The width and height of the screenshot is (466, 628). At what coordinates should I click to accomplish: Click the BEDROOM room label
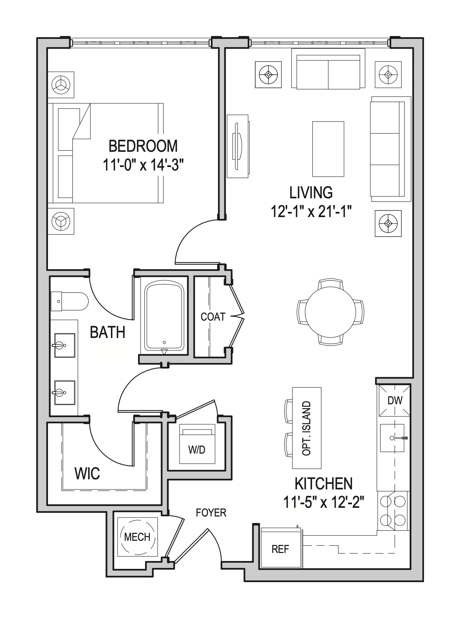tap(143, 146)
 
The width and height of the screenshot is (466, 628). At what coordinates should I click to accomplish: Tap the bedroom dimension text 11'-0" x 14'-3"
tap(143, 165)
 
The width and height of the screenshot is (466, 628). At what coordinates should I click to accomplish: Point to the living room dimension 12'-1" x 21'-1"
tap(311, 211)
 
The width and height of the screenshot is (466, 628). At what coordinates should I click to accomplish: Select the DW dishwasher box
tap(394, 400)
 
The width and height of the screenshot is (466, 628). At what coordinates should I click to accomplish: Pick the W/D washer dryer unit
tap(197, 445)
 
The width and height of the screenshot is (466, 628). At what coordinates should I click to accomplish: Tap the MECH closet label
tap(137, 537)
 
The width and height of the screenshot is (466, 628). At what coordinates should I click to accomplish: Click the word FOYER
tap(211, 513)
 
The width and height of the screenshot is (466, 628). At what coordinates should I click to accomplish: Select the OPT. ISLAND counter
tap(307, 428)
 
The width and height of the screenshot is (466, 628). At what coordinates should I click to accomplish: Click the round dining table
tap(330, 312)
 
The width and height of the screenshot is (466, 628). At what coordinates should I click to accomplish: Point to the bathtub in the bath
tap(164, 316)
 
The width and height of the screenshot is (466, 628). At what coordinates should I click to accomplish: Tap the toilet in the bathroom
tap(70, 301)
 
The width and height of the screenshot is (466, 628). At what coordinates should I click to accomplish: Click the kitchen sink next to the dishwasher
tap(392, 438)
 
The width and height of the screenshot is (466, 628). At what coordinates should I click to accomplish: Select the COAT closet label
tap(213, 317)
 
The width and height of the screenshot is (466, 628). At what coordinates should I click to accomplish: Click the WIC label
tap(87, 473)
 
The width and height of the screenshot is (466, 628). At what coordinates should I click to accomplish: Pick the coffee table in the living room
tap(328, 149)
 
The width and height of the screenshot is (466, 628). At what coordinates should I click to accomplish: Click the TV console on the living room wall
tap(238, 146)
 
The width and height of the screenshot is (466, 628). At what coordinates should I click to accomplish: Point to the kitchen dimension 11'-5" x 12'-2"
tap(323, 502)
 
